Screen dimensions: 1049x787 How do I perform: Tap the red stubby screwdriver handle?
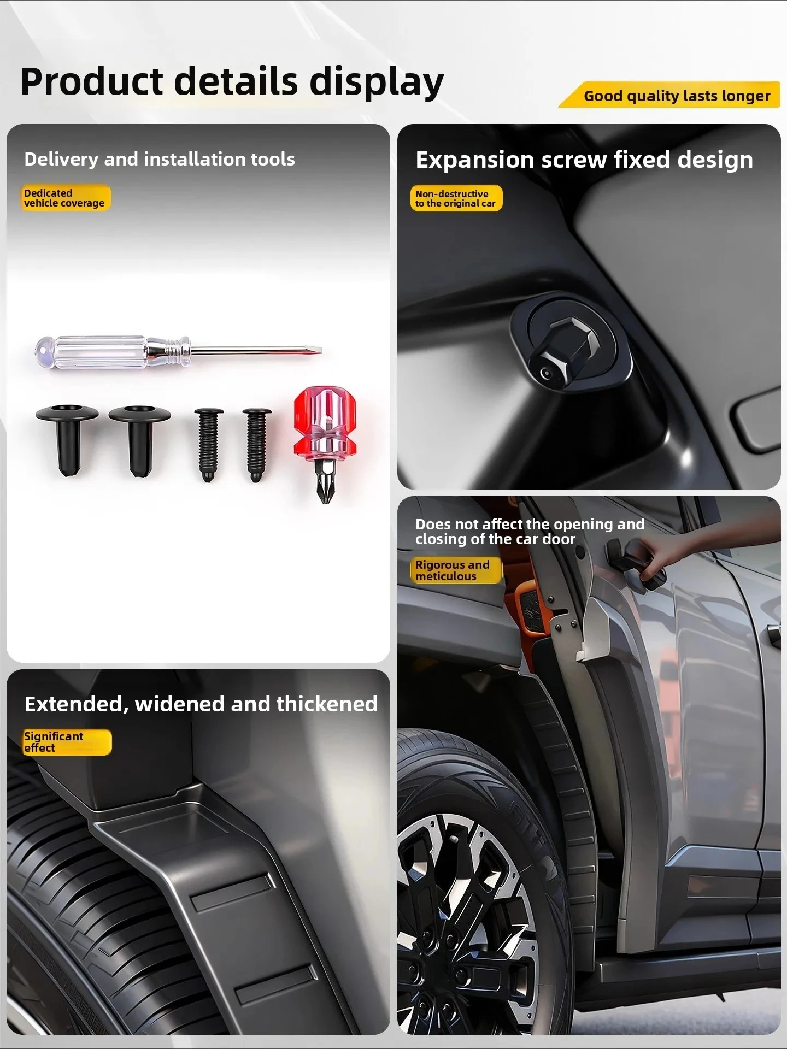(x=325, y=421)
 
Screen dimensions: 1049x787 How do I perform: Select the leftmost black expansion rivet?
(x=67, y=437)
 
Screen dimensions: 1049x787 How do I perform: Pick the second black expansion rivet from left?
(x=140, y=437)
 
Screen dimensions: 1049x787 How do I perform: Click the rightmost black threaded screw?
(x=257, y=444)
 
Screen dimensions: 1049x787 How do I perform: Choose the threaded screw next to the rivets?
(x=209, y=444)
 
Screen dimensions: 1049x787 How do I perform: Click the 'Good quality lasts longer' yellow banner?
(x=677, y=96)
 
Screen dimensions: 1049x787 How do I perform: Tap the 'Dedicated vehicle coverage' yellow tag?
(x=64, y=198)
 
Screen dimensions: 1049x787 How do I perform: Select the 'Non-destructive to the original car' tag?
(x=456, y=198)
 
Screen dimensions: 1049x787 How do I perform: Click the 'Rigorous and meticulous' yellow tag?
(x=455, y=570)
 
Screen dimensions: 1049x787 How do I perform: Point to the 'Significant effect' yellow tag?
(x=66, y=742)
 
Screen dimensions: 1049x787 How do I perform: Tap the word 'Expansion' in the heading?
(x=474, y=160)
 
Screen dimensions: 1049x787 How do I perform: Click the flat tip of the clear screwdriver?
(x=317, y=350)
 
